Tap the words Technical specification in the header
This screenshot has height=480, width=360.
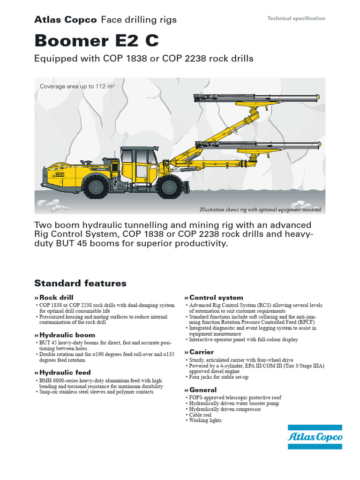(x=296, y=18)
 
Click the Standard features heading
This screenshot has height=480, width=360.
(x=80, y=283)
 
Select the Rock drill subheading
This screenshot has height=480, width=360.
(x=56, y=297)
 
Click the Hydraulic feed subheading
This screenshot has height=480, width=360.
(x=65, y=373)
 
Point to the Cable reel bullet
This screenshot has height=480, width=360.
(x=200, y=415)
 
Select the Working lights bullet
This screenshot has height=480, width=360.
(x=205, y=420)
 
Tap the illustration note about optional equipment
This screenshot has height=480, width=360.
(x=261, y=210)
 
